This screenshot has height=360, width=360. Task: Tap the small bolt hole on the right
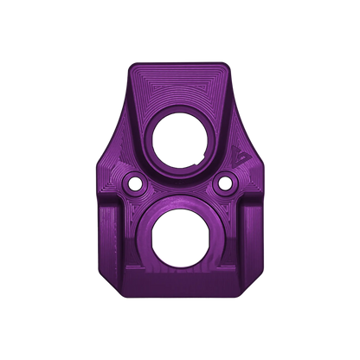[x=227, y=183]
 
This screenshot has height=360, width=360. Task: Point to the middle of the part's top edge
[x=179, y=63]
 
